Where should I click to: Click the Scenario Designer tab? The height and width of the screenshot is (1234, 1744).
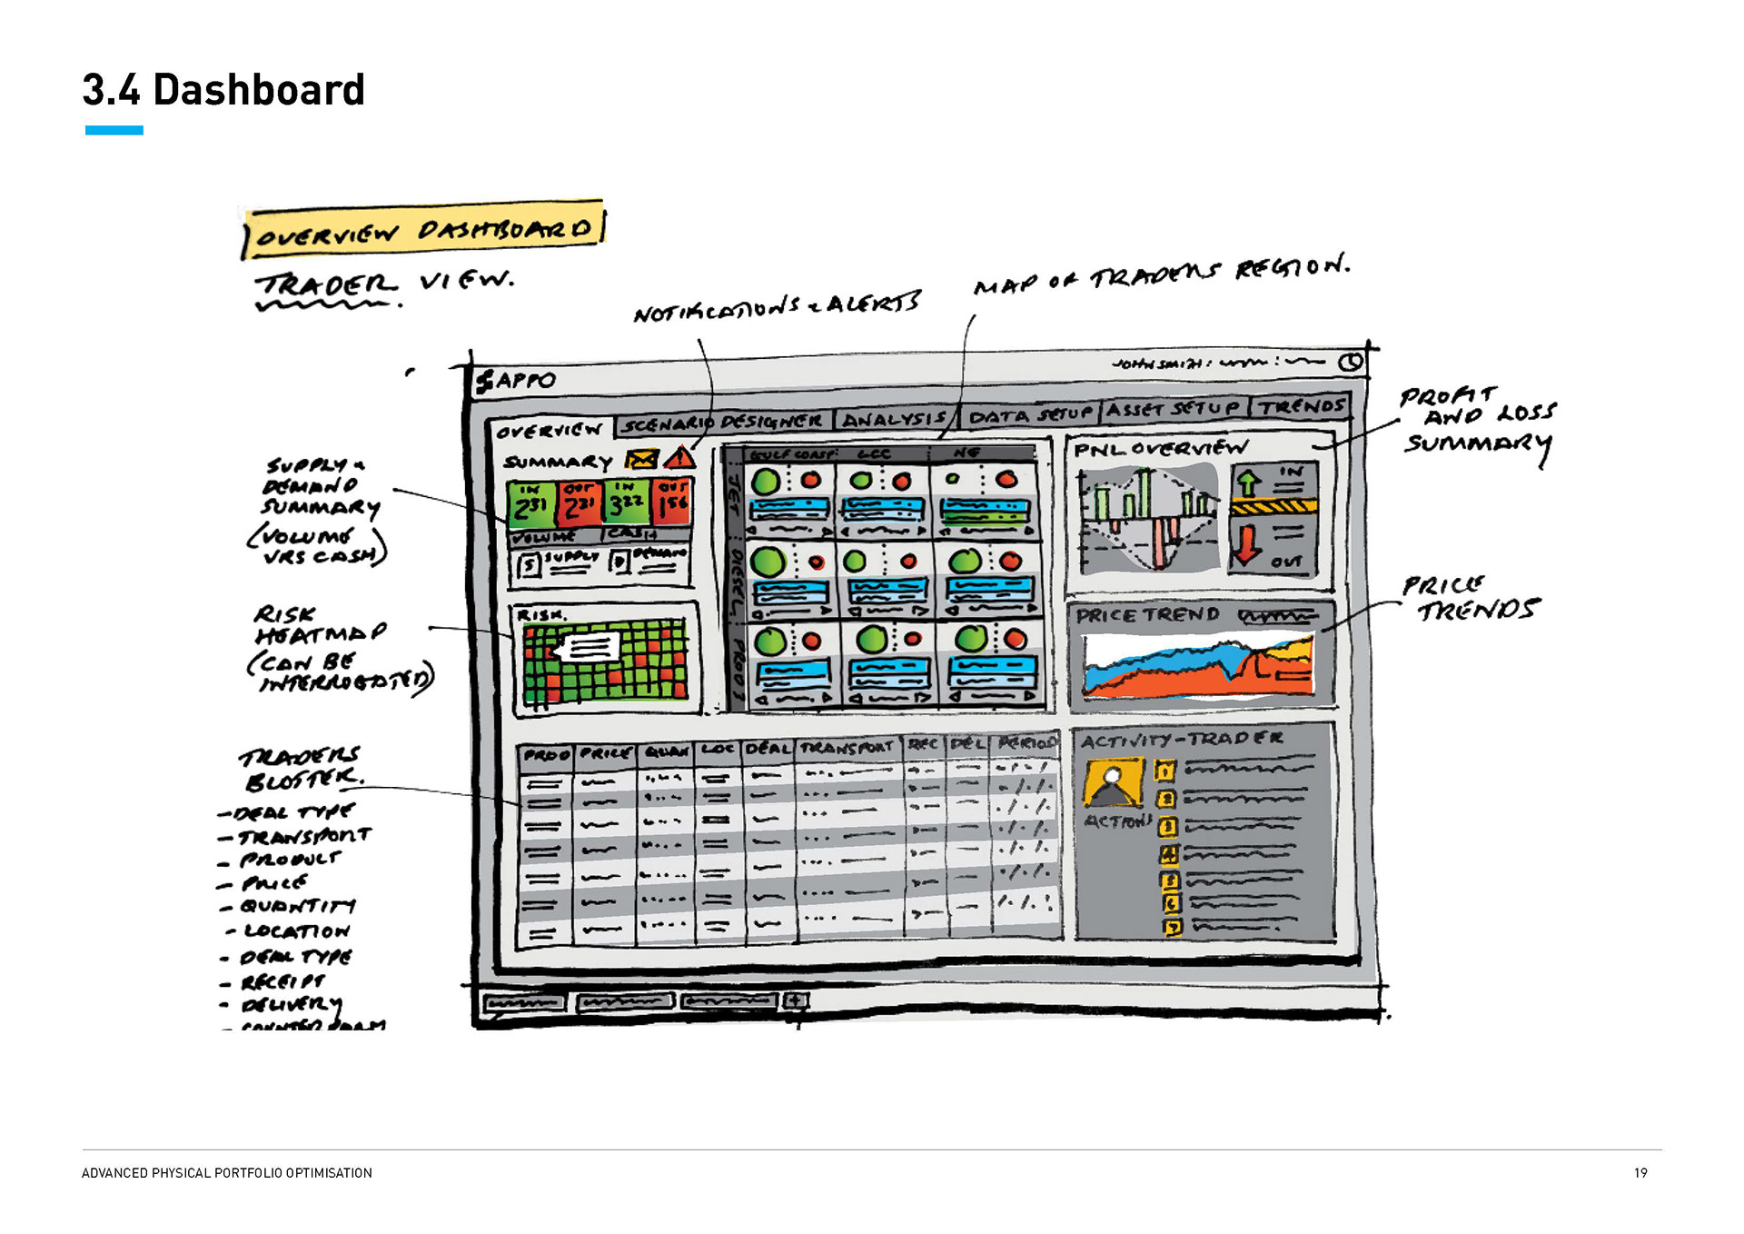coord(723,423)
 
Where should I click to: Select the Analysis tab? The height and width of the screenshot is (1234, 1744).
coord(894,419)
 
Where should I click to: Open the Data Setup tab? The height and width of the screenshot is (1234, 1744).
coord(1029,415)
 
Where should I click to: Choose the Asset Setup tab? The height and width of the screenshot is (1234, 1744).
coord(1174,409)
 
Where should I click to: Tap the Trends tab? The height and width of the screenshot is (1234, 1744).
coord(1301,406)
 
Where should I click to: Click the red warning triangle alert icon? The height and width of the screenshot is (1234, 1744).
coord(679,458)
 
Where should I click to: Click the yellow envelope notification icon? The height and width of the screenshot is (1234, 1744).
coord(642,460)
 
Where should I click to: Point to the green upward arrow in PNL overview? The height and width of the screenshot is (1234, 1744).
coord(1249,482)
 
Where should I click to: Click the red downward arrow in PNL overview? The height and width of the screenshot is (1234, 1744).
coord(1247,542)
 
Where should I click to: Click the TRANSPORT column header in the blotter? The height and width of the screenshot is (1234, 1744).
coord(847,747)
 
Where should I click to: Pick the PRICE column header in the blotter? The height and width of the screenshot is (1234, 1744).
coord(605,753)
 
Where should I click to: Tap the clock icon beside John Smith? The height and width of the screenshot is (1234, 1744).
coord(1352,362)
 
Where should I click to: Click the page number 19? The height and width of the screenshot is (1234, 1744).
coord(1640,1173)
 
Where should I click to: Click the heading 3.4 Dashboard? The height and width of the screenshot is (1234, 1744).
coord(223,90)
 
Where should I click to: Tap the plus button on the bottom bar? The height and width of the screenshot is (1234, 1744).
coord(796,1000)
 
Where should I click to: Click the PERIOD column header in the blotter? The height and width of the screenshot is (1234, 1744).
coord(1026,743)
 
